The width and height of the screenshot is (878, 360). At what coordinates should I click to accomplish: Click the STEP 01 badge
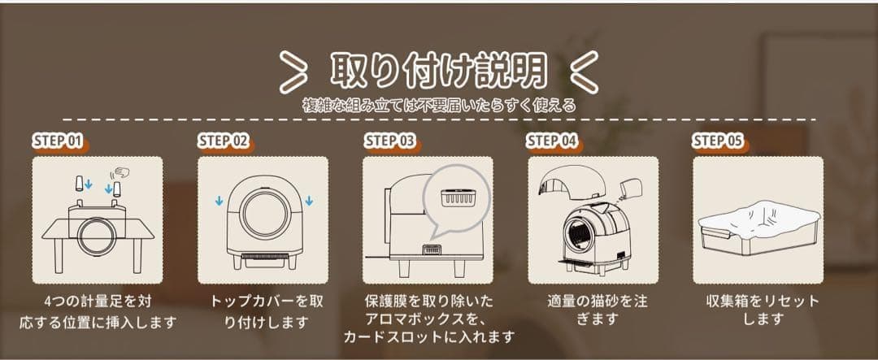[58, 141]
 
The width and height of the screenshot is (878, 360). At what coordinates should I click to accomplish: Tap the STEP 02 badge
[223, 141]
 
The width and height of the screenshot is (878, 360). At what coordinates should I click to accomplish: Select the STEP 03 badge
[389, 141]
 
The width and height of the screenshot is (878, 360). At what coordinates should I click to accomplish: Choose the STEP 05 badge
[718, 141]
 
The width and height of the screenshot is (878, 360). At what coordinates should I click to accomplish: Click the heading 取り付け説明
[438, 72]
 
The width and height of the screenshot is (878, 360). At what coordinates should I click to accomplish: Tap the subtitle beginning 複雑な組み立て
[438, 105]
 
